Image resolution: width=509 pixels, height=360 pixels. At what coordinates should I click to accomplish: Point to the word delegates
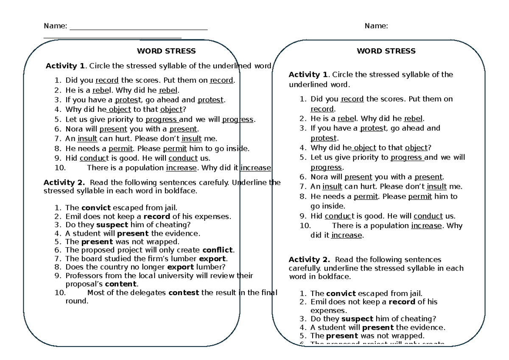tap(146, 293)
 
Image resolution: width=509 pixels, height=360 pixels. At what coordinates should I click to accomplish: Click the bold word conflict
tap(218, 250)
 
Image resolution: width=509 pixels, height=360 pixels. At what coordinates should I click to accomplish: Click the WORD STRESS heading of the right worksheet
tap(386, 51)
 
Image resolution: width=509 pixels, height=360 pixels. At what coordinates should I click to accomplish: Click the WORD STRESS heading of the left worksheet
tap(166, 51)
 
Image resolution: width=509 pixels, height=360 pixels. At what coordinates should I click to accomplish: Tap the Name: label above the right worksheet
tap(376, 26)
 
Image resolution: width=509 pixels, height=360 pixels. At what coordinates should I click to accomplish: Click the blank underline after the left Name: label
tap(138, 29)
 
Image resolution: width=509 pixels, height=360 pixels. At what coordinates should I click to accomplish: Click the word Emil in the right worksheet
tap(319, 301)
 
